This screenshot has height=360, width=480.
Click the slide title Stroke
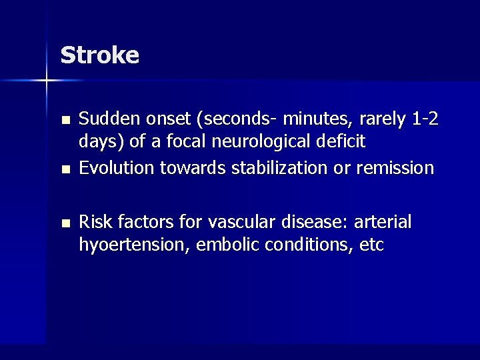pos(99,55)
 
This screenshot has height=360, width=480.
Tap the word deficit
pos(341,141)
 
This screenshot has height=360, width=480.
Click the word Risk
pos(94,221)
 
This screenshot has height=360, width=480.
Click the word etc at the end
pos(372,245)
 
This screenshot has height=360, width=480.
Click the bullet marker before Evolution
pos(65,169)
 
